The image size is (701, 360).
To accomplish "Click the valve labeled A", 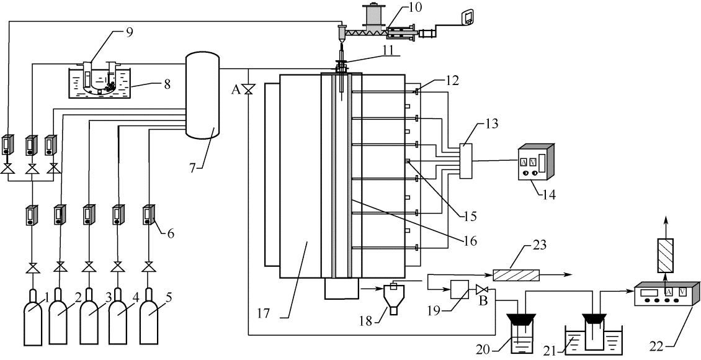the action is [x=249, y=90].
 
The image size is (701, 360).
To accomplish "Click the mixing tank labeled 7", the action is [x=202, y=96].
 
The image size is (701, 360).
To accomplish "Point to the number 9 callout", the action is [x=129, y=33].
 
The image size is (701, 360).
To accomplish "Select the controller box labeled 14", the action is [x=535, y=163].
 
